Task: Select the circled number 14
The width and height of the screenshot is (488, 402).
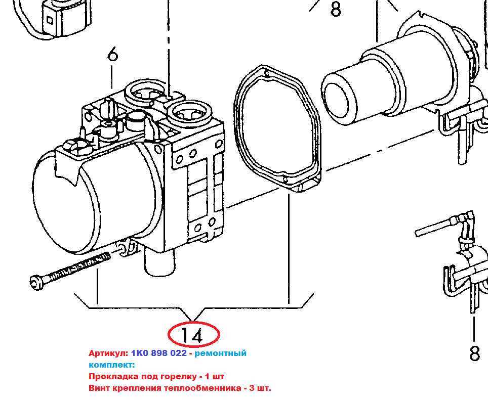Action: point(193,335)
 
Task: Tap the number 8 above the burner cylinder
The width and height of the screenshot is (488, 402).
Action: point(336,9)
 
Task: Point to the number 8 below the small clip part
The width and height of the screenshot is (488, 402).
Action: point(475,353)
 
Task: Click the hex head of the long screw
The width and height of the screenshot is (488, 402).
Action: point(37,282)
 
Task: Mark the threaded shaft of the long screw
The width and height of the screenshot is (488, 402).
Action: point(78,266)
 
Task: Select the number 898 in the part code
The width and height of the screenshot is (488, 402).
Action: point(160,353)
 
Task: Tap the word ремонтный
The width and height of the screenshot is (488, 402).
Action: point(220,353)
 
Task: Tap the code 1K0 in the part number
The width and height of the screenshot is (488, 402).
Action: point(140,353)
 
